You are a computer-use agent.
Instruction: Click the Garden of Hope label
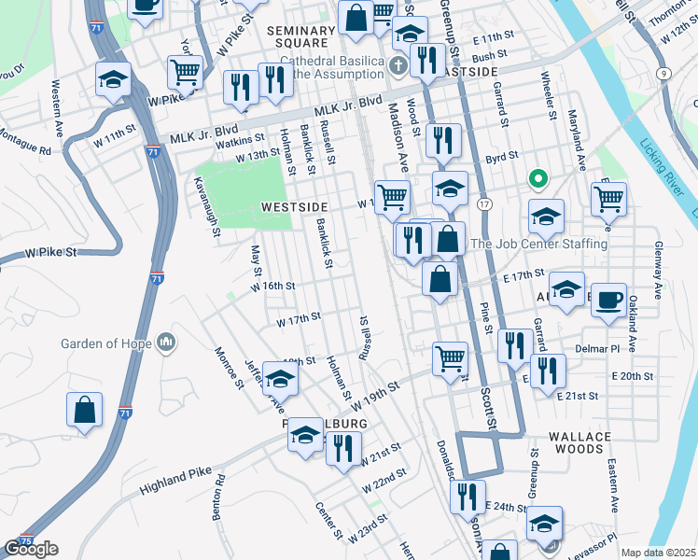pos(106,343)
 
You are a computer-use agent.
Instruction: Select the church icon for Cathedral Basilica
pos(398,65)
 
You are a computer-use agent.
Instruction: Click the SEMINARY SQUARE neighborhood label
pos(301,36)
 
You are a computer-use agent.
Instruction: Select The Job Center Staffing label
pos(539,245)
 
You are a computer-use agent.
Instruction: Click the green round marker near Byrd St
pos(537,178)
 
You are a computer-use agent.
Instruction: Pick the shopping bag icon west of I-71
pos(84,410)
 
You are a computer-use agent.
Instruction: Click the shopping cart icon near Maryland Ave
pos(608,197)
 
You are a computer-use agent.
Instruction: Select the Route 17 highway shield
pos(484,203)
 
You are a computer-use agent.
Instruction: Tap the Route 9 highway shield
pos(663,73)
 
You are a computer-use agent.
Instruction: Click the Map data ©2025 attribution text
pos(659,553)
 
